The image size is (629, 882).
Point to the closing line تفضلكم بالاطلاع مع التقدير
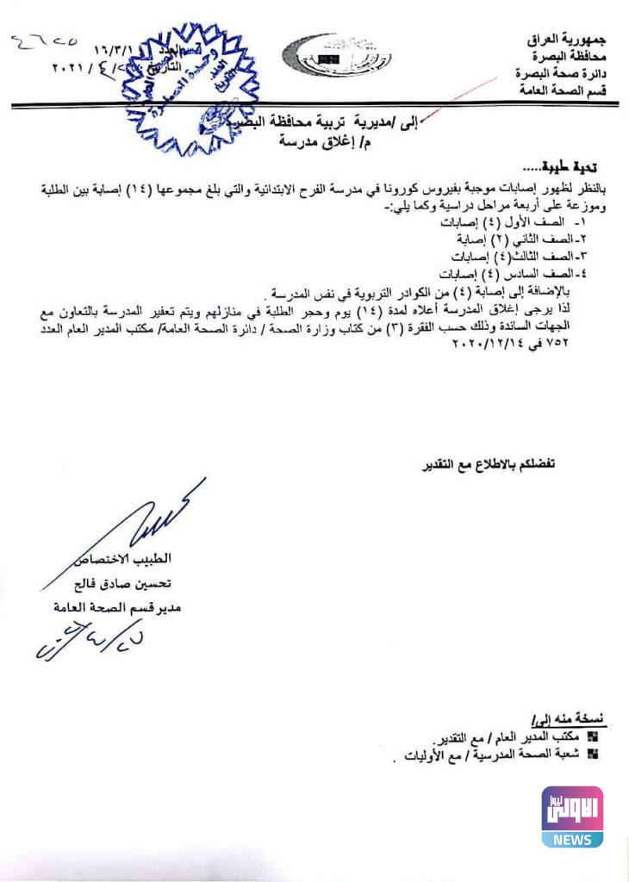pyautogui.click(x=488, y=466)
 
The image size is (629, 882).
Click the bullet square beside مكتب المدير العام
pyautogui.click(x=591, y=737)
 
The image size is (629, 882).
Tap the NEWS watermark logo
pyautogui.click(x=571, y=817)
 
